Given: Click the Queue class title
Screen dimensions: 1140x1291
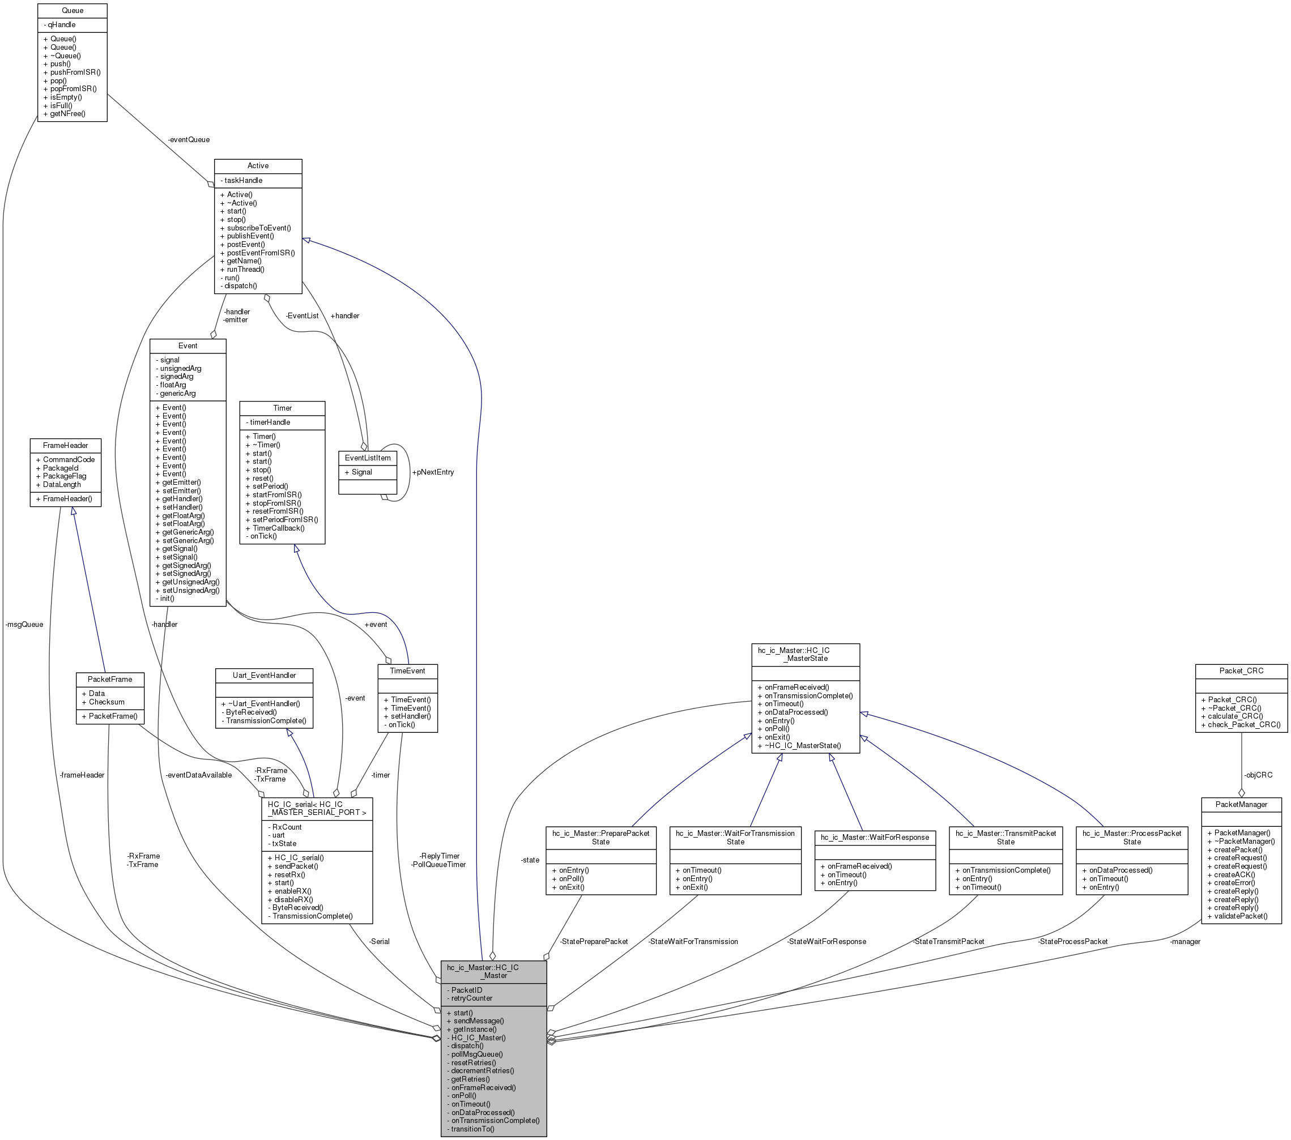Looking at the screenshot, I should pos(73,11).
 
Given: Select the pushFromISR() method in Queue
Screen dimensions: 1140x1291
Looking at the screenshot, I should pos(72,72).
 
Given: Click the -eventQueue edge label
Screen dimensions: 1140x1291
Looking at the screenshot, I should pos(189,139).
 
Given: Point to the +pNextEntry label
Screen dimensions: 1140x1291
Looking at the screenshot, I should pos(433,472).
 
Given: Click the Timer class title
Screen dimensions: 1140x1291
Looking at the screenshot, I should pos(282,408).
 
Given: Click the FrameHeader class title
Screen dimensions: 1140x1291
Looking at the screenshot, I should pos(66,445).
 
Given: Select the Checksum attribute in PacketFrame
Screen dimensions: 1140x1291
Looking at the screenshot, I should pos(103,702).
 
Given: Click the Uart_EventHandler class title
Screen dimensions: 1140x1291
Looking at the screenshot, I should pos(264,675).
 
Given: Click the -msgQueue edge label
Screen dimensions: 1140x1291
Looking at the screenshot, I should pos(24,625).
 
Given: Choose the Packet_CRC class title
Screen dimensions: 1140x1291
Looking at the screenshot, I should pos(1241,671).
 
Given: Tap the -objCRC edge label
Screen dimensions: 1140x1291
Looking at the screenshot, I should pos(1258,775).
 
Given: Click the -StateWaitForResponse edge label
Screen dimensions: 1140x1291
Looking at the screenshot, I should pos(826,942).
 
